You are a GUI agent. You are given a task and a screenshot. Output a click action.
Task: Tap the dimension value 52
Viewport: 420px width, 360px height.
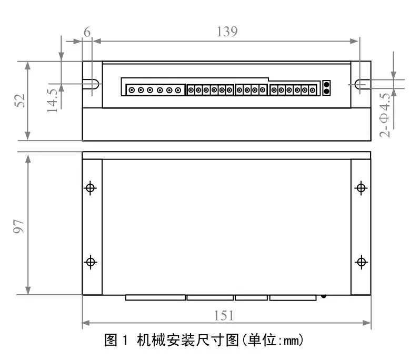(x=19, y=101)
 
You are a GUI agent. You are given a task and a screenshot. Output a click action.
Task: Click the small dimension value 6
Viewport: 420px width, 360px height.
(x=87, y=32)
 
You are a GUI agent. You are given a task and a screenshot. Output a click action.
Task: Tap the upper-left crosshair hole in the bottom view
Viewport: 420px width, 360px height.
(x=91, y=187)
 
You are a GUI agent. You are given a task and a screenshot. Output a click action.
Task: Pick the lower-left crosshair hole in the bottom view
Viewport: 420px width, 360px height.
(x=91, y=262)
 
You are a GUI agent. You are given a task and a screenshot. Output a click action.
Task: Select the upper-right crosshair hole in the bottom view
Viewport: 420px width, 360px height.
(x=361, y=187)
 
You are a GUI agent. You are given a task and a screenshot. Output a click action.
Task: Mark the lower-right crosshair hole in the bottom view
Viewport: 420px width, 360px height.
(x=361, y=262)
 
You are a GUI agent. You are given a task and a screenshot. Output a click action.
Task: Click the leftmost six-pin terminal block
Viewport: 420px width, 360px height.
(x=155, y=91)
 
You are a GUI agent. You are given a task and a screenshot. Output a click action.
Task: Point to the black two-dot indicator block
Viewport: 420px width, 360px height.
(x=326, y=88)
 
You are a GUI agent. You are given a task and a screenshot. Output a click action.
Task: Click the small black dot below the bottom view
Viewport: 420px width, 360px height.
(x=323, y=296)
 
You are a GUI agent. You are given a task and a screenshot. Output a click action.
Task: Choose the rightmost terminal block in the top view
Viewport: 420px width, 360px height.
(x=294, y=91)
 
